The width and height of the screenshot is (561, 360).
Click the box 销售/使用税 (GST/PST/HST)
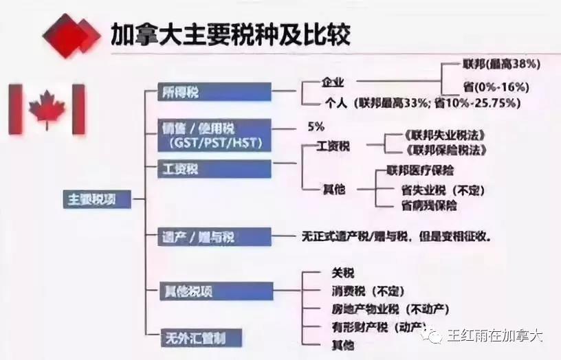[214, 135]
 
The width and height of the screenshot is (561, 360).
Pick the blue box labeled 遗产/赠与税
[214, 237]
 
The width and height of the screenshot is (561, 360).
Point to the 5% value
[317, 126]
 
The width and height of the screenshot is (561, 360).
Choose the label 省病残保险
[428, 205]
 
